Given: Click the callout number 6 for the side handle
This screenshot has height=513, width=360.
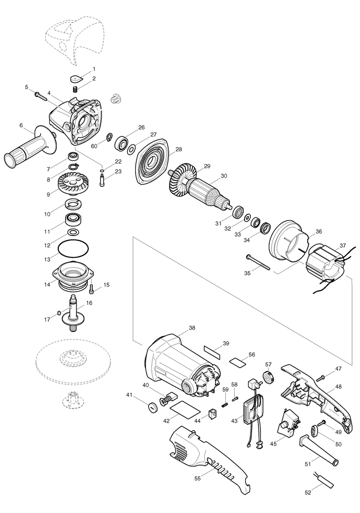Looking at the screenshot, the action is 21,125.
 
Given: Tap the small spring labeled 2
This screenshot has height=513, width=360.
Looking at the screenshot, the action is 75,89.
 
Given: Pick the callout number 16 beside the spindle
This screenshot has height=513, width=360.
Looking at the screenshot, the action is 89,303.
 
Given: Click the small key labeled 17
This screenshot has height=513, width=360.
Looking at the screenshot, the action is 59,312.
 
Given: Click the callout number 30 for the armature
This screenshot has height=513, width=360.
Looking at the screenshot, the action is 224,176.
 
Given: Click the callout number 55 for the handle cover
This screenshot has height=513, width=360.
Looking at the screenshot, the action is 197,478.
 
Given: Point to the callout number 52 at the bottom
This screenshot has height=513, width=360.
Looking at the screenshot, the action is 308,502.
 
